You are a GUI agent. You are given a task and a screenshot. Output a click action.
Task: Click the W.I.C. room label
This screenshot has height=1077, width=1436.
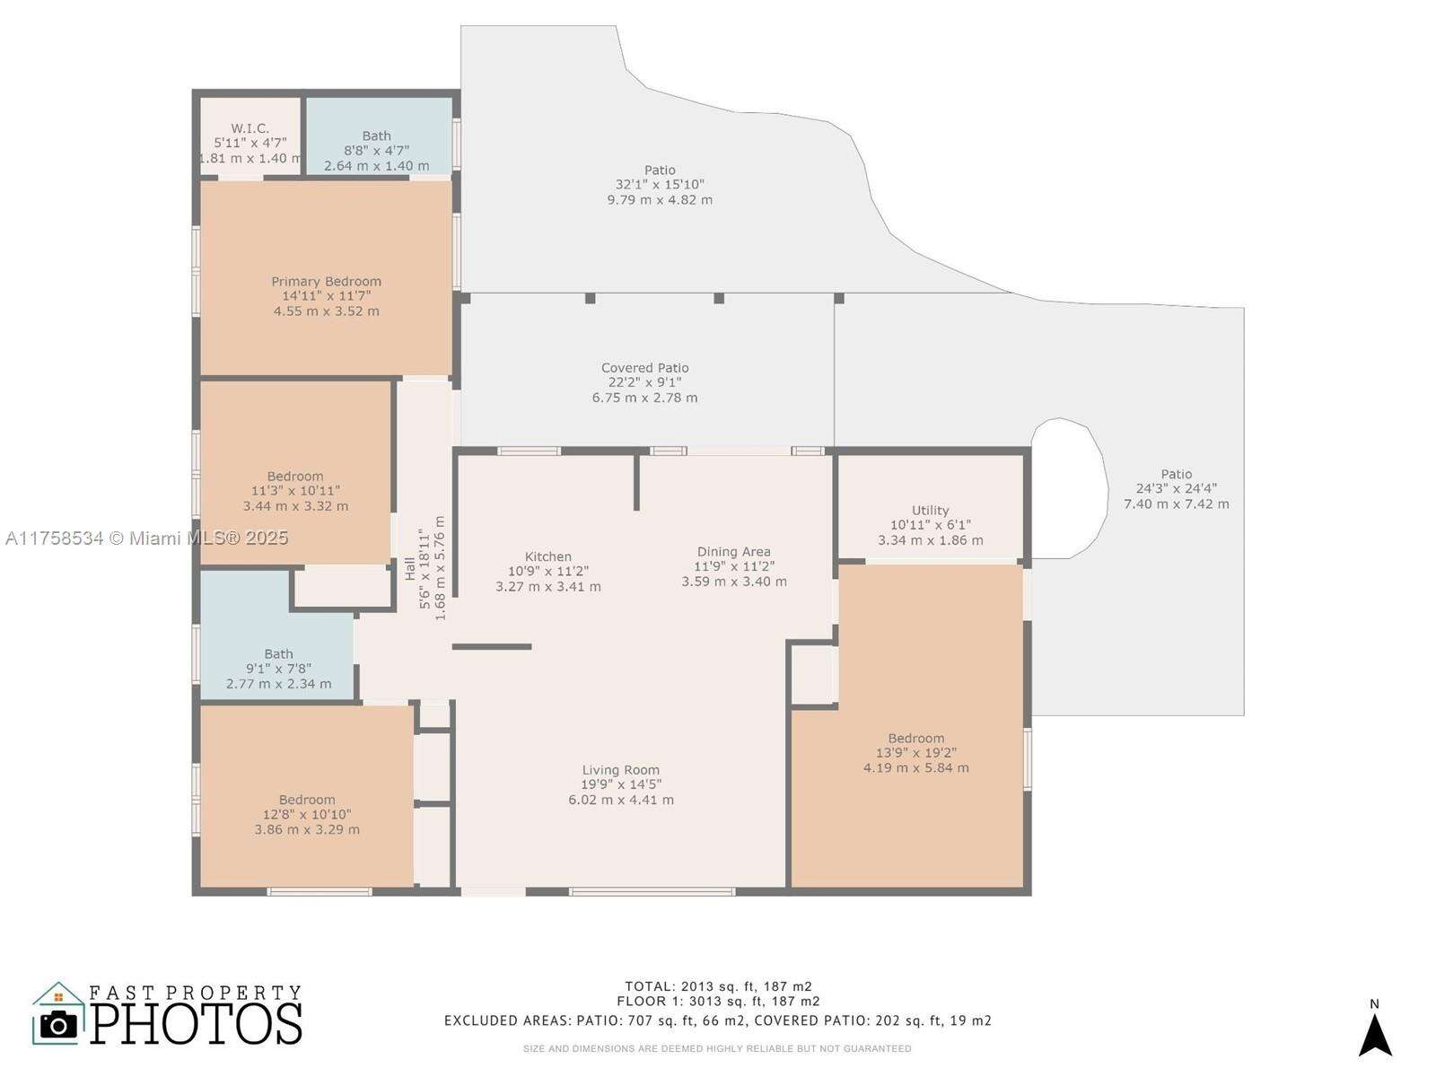click(x=250, y=128)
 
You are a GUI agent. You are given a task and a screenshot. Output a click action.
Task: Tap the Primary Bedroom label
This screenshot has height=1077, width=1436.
click(x=326, y=281)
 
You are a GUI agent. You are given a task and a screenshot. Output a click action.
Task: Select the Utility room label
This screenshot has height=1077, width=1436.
click(x=930, y=510)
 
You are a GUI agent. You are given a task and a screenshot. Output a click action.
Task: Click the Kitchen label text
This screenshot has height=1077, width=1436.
click(x=547, y=556)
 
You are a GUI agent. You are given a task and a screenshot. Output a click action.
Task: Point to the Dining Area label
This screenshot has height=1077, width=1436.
click(x=733, y=552)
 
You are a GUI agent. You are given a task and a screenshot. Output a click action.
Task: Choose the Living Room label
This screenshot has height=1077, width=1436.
click(x=620, y=770)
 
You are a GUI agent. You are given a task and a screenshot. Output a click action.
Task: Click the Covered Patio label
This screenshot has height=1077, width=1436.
click(x=644, y=368)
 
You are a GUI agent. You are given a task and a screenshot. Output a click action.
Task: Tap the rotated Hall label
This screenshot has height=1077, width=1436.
click(x=410, y=568)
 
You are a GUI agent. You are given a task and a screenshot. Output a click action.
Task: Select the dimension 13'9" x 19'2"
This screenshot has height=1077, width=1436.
click(x=915, y=753)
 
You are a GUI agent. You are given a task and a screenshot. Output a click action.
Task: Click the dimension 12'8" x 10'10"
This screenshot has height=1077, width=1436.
click(x=307, y=815)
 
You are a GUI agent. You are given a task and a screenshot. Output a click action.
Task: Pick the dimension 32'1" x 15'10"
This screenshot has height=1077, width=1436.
click(x=660, y=185)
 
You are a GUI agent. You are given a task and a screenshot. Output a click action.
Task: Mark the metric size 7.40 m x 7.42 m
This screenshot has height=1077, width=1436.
click(x=1176, y=504)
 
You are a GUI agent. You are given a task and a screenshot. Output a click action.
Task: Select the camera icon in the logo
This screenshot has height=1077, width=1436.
click(x=59, y=1024)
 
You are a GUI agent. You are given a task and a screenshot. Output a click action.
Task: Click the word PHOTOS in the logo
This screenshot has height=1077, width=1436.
click(x=196, y=1023)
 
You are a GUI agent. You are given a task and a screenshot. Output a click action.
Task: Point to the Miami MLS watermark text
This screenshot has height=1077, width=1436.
click(x=146, y=538)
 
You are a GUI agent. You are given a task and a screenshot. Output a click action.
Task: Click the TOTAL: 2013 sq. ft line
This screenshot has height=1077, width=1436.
click(x=718, y=986)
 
